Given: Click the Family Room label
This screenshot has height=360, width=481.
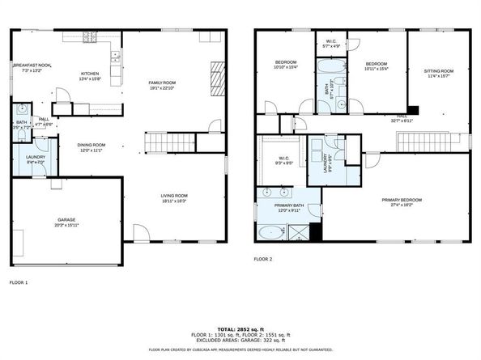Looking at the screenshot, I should pos(162,82).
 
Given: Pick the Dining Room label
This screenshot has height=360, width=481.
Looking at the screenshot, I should pos(91,145).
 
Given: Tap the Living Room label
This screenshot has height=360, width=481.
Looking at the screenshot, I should pos(174,195).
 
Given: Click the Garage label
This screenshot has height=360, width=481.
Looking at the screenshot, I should pos(66,219).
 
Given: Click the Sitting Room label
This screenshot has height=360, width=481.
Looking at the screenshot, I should pos(439,70).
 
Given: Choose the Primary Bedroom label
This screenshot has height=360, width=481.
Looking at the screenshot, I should pos(402,199).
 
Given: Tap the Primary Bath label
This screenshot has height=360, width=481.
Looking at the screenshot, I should pos(289,206).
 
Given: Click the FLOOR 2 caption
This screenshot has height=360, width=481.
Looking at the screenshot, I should pos(263,259).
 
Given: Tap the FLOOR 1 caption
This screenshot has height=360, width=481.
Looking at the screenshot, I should pos(19,282).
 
